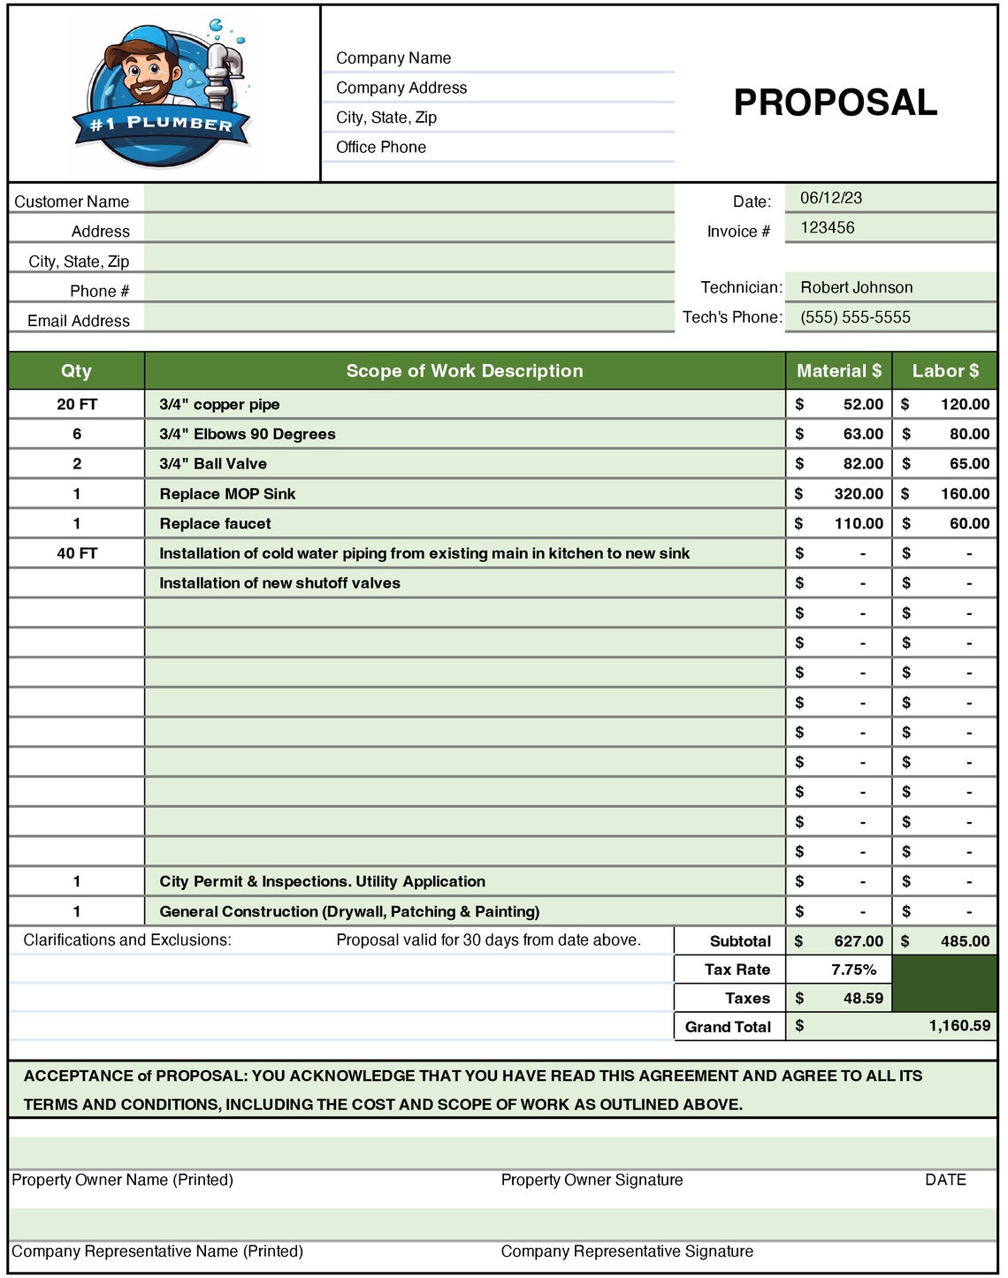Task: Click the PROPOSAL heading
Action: pos(835,103)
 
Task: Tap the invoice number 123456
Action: pos(827,228)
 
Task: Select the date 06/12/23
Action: pos(830,198)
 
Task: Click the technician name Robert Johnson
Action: pos(856,287)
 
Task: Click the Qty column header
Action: pos(76,371)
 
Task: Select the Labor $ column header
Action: pos(944,371)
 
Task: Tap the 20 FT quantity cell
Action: pos(77,405)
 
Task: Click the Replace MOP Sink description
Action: pos(227,494)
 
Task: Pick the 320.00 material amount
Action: pos(858,494)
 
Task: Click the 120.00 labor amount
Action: pos(964,405)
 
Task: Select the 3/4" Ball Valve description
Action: pos(213,464)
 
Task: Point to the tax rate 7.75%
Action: pos(853,970)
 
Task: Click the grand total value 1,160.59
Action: pos(958,1026)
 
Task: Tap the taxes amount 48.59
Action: pos(862,998)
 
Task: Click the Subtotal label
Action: pos(740,941)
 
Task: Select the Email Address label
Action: pos(79,321)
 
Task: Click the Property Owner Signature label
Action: pos(592,1180)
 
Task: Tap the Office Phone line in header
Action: pos(381,148)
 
